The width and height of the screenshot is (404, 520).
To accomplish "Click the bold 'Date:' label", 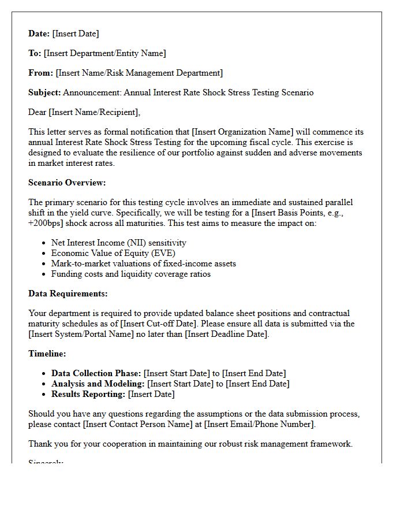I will (x=39, y=34).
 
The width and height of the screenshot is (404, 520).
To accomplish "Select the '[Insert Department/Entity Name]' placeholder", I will (x=104, y=53).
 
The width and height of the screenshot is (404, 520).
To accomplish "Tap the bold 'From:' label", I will (x=40, y=73).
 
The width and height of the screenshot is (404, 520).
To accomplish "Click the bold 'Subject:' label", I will (x=44, y=92).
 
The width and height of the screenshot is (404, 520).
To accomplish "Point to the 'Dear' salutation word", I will (x=38, y=112).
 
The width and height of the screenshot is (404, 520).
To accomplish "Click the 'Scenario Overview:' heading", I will (x=67, y=183).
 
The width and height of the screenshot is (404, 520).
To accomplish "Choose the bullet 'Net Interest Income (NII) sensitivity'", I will (x=118, y=243).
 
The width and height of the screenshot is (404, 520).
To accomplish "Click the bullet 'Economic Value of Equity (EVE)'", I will (x=113, y=253).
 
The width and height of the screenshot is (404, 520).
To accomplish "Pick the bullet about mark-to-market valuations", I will (x=143, y=263).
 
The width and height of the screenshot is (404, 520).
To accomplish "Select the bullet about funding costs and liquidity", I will (x=130, y=274).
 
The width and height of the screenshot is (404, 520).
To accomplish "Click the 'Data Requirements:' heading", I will (x=68, y=294).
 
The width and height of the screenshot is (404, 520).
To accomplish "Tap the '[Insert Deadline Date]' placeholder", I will (x=227, y=334).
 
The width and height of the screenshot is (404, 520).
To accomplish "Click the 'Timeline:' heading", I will (x=47, y=354).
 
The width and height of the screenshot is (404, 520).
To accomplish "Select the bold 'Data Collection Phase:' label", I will (x=96, y=373).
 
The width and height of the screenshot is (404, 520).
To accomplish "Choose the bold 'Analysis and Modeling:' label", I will (x=98, y=384).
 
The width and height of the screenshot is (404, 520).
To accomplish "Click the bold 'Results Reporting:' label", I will (x=88, y=394).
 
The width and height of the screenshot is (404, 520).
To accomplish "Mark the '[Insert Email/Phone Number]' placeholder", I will (x=261, y=424).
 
